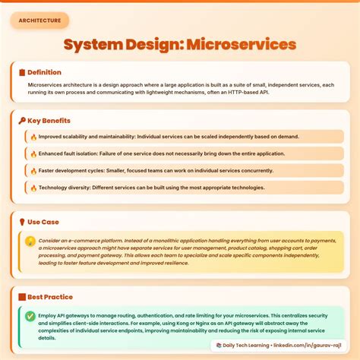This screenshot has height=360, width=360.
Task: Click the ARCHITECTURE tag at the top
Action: point(39,21)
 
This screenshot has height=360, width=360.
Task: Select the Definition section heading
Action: point(45,71)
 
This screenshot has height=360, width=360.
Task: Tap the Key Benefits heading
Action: point(51,120)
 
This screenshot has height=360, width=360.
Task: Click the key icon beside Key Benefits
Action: point(21,120)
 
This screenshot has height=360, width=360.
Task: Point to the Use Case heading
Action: point(43,222)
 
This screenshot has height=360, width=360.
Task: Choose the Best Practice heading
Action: point(50,296)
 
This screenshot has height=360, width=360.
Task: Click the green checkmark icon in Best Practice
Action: point(30,316)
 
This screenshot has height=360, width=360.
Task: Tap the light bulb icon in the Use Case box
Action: point(30,242)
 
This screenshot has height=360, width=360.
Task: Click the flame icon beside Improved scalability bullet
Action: point(33,137)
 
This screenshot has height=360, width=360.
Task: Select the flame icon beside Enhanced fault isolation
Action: point(33,153)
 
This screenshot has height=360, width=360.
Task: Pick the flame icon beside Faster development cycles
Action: point(33,170)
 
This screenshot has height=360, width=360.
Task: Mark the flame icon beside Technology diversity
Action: point(33,187)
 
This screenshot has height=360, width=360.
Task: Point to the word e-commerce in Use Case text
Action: point(81,240)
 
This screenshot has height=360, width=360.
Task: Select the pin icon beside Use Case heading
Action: point(21,222)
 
